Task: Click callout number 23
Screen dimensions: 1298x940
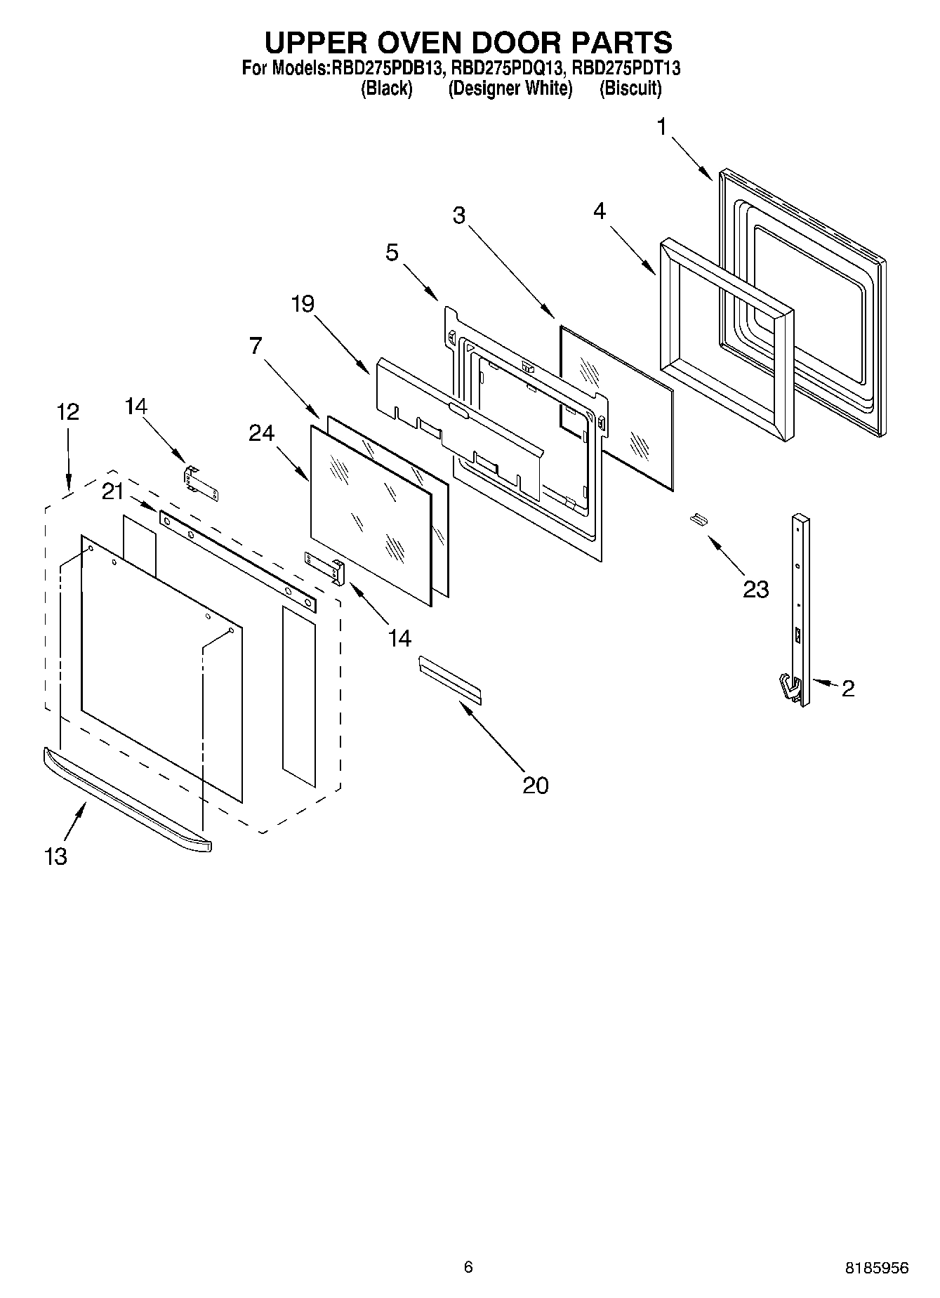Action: coord(755,588)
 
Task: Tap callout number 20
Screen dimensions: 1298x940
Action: coord(535,785)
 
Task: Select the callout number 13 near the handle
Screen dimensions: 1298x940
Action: coord(55,856)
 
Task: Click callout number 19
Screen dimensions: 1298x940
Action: coord(303,305)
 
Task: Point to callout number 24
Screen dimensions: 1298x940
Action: coord(261,434)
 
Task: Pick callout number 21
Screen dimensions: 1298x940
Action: coord(113,492)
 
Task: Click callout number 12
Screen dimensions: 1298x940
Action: coord(67,411)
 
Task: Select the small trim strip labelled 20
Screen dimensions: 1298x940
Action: coord(450,680)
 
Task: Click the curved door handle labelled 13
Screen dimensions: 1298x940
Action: coord(126,801)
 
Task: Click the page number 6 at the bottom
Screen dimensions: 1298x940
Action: coord(468,1266)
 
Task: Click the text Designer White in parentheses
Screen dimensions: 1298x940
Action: coord(510,88)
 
